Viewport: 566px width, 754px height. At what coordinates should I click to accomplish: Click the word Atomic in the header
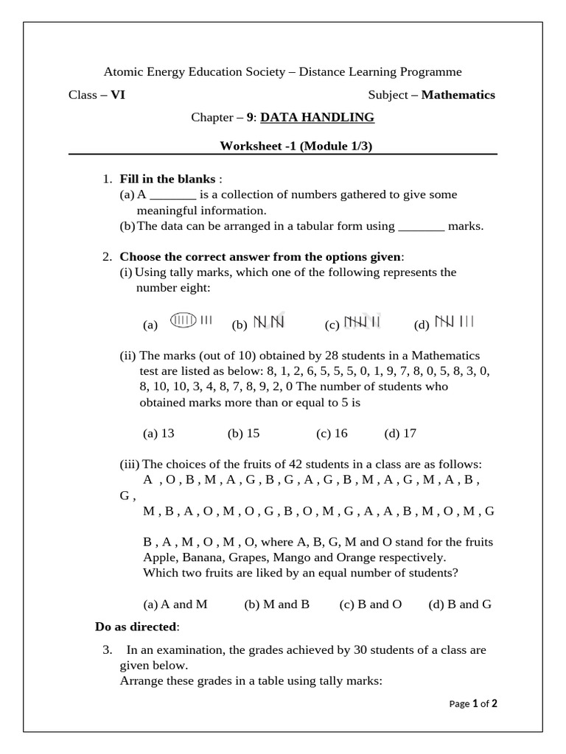tap(122, 71)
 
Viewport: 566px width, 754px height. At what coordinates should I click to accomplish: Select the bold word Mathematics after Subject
tap(458, 95)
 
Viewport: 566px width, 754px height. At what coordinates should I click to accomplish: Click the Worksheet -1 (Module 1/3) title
tap(296, 146)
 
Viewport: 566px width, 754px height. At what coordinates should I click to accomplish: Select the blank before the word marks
tap(421, 227)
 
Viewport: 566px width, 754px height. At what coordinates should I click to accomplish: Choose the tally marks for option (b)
tap(269, 323)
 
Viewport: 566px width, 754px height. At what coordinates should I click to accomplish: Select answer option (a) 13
tap(158, 434)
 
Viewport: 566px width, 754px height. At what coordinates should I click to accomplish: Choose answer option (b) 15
tap(244, 434)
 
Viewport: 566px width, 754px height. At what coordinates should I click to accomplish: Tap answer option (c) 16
tap(332, 434)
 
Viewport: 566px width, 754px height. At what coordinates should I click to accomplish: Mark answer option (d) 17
tap(400, 434)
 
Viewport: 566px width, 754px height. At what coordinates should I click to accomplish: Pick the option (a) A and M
tap(175, 605)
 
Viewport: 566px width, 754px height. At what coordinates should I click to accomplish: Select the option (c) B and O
tap(370, 605)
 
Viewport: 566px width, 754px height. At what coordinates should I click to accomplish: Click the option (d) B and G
tap(460, 605)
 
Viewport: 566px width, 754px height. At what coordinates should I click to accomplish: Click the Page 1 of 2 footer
tap(473, 704)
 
